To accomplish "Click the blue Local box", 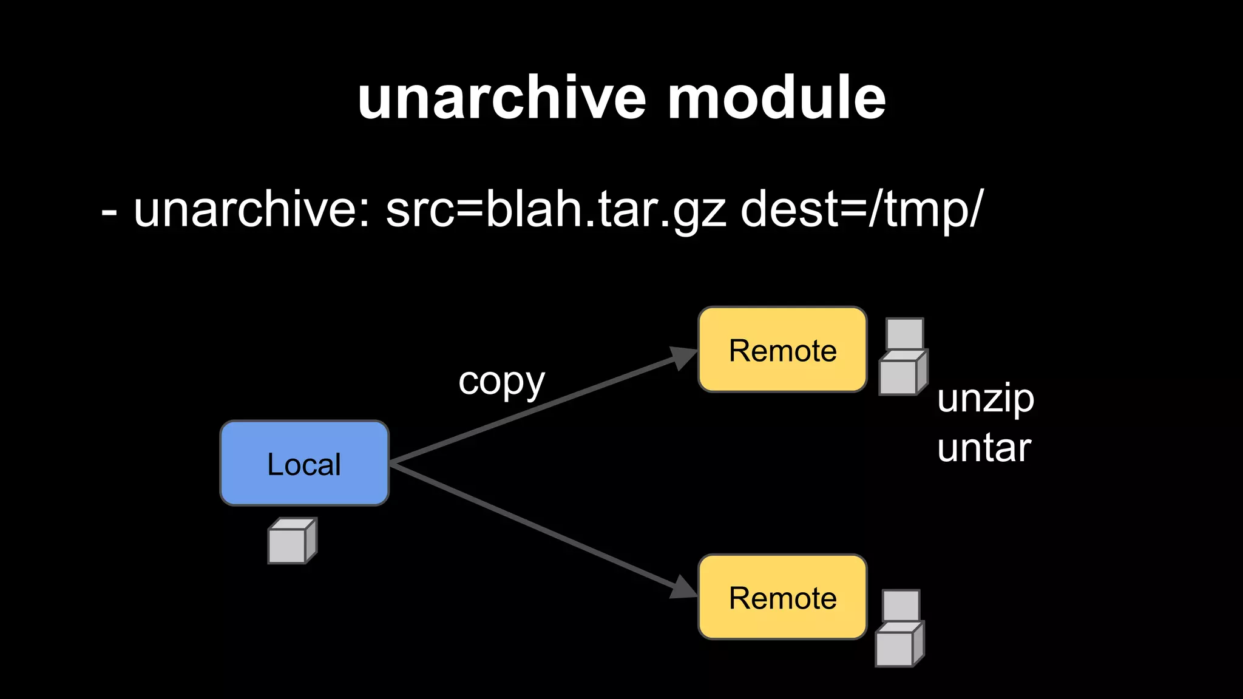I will point(304,463).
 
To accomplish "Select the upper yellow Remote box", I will point(782,349).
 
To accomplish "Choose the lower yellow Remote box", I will point(782,597).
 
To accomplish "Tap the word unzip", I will point(985,399).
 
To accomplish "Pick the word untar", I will point(983,448).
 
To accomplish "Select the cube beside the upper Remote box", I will point(901,375).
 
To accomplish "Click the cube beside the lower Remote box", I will point(898,646).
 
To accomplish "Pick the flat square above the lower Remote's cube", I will point(901,604).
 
